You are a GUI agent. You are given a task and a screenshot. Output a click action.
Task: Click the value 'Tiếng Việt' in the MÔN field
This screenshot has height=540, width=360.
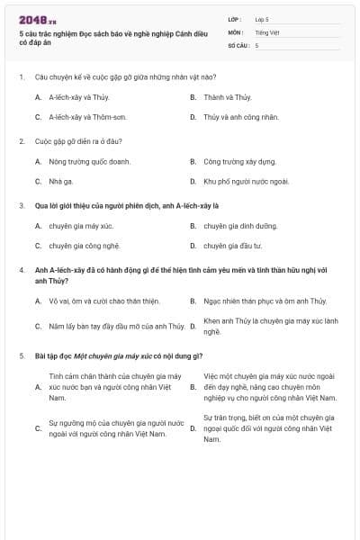point(267,31)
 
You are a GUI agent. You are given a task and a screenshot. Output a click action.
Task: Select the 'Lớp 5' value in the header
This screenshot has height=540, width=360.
point(262,19)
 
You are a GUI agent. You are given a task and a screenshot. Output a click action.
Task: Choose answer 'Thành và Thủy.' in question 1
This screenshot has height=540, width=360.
point(227,97)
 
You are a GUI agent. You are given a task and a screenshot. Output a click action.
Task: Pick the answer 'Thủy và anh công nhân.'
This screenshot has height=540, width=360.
point(241,117)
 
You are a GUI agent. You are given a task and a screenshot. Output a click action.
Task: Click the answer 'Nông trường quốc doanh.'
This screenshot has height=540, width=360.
point(89,162)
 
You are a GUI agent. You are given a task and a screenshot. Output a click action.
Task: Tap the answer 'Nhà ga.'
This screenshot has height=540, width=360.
point(62,182)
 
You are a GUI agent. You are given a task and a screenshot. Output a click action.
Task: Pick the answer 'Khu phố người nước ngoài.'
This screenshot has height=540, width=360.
point(246,182)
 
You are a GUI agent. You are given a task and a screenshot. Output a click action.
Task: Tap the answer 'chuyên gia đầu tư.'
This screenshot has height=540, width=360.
point(232,246)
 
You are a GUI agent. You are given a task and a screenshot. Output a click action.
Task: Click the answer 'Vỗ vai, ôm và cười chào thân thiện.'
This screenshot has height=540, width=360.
point(103,301)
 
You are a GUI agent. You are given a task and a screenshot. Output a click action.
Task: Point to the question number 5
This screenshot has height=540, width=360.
point(22,355)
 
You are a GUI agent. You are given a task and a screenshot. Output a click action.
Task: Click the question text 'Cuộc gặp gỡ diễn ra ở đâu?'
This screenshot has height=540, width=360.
point(78,141)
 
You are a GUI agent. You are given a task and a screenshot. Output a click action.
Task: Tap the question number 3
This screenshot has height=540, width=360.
point(22,205)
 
